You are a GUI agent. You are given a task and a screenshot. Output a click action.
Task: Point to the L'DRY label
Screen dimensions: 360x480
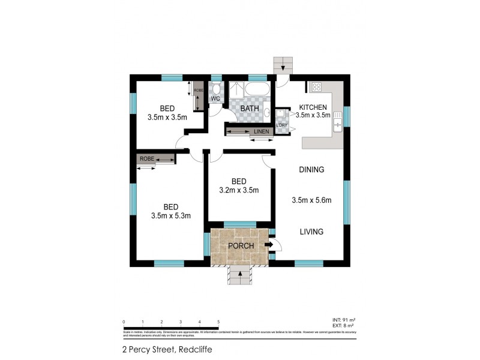click(282, 125)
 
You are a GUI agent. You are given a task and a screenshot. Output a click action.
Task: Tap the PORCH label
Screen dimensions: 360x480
click(240, 246)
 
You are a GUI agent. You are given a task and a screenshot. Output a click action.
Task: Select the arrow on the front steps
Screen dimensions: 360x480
click(241, 275)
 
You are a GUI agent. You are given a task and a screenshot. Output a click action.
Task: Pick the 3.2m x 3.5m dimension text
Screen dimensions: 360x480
click(238, 191)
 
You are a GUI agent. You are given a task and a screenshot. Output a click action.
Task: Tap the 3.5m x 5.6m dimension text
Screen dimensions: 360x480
click(311, 200)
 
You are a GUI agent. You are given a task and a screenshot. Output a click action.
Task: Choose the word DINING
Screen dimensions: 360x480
click(311, 170)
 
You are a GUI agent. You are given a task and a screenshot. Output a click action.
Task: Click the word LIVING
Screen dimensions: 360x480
click(311, 232)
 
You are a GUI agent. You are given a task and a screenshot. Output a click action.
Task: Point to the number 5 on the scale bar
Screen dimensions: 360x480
click(218, 322)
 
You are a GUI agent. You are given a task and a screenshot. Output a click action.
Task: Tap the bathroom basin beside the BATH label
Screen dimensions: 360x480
click(267, 112)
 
